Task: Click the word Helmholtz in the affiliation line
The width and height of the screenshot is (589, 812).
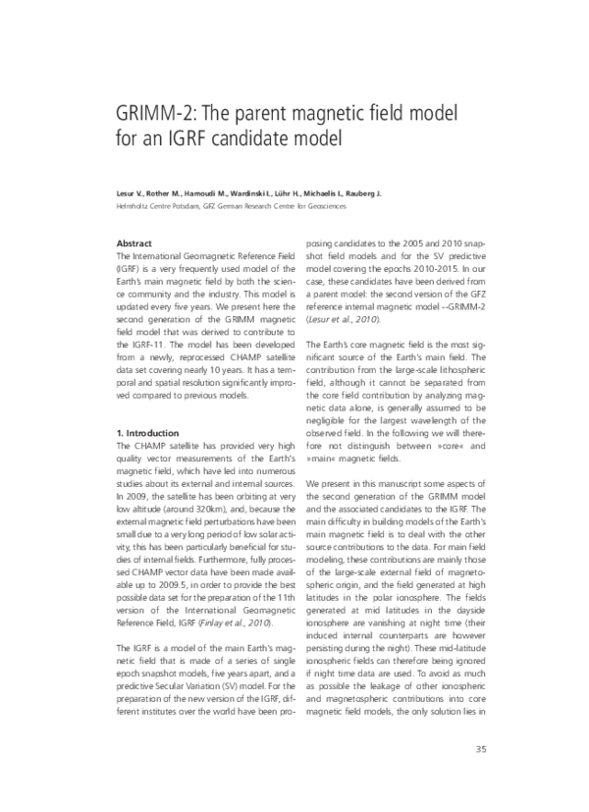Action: tap(134, 206)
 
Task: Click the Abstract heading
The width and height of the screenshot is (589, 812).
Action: tap(134, 242)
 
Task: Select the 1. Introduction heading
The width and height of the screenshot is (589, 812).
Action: tap(147, 432)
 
